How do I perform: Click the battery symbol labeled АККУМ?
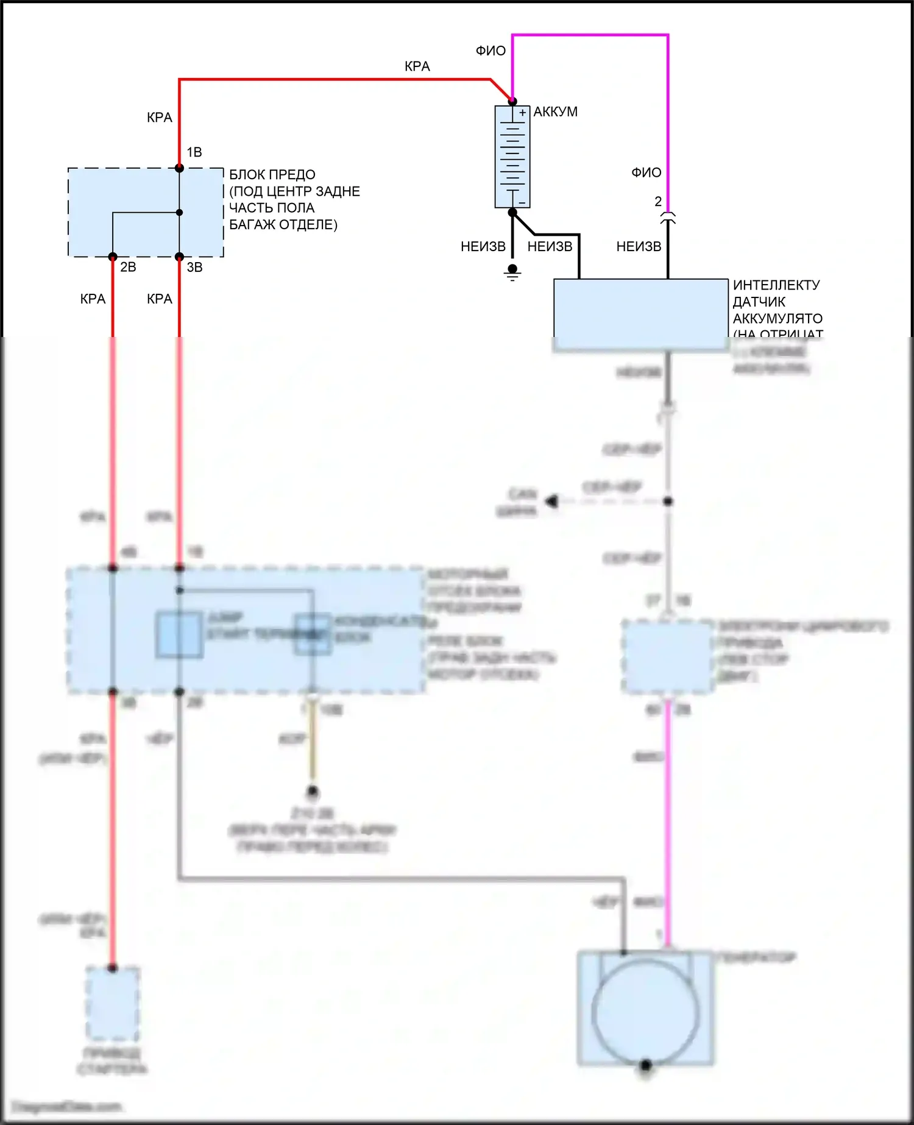[512, 157]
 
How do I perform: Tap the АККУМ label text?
[555, 112]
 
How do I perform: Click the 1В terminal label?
[194, 152]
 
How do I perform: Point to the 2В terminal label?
[128, 267]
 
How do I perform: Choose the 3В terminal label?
[194, 267]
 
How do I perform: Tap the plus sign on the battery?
[522, 113]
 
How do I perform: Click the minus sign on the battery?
[522, 202]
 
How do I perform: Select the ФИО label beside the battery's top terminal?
[491, 51]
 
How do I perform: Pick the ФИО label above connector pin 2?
[646, 173]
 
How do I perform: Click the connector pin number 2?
[658, 201]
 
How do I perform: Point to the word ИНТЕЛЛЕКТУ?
[776, 285]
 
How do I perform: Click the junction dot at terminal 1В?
[179, 168]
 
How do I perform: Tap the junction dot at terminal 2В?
[113, 257]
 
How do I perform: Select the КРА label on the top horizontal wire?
[417, 66]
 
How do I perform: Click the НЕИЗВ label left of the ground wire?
[483, 247]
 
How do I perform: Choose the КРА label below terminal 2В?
[93, 299]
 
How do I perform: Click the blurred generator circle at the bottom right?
[645, 1013]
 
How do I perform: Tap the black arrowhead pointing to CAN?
[552, 502]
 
